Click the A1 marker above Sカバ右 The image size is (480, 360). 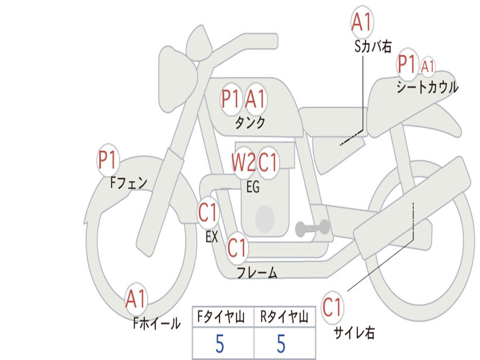[362, 22]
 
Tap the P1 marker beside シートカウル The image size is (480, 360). [407, 64]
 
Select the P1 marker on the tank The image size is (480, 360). [231, 99]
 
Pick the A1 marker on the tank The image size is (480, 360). [255, 99]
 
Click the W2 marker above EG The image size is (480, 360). [243, 162]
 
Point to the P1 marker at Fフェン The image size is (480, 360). [108, 159]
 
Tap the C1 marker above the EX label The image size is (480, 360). [208, 212]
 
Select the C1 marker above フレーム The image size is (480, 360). [237, 247]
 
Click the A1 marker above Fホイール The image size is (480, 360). [136, 299]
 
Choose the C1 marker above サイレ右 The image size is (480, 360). [332, 307]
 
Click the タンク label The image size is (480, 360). [250, 123]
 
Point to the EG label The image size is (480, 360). [253, 187]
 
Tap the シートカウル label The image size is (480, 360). [427, 87]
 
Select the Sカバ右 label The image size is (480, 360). [373, 46]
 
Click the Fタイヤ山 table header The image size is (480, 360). [221, 316]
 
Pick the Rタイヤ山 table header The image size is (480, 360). [284, 316]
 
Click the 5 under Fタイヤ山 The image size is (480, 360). [220, 344]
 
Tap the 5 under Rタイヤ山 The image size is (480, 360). [281, 344]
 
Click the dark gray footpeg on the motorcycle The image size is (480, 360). [312, 228]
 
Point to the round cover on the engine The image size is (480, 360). [265, 219]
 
